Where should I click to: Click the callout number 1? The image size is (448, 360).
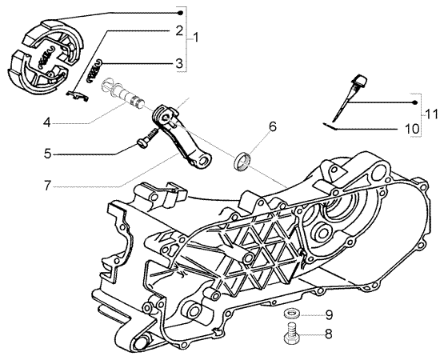point(195,38)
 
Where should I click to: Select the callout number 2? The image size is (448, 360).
point(179,30)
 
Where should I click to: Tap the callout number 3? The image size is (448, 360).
point(179,63)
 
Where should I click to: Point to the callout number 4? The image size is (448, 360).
point(47,123)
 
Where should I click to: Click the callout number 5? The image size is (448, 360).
point(47,154)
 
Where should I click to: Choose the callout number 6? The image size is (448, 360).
point(273,126)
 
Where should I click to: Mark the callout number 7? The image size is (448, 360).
point(47,186)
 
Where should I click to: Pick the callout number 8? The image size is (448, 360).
point(329,334)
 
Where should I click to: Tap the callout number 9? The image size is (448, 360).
point(329,315)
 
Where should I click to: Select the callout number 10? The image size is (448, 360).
point(412,129)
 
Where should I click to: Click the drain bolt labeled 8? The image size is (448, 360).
point(291,334)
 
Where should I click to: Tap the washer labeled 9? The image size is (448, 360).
point(291,314)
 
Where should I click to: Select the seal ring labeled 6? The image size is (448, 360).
point(242,160)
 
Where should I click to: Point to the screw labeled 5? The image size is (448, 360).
point(147,137)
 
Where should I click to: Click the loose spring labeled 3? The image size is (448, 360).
point(95,72)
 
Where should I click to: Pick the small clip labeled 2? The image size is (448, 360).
point(77,96)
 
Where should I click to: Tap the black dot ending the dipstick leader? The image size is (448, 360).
point(415,103)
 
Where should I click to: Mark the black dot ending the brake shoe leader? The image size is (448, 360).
point(180,13)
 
